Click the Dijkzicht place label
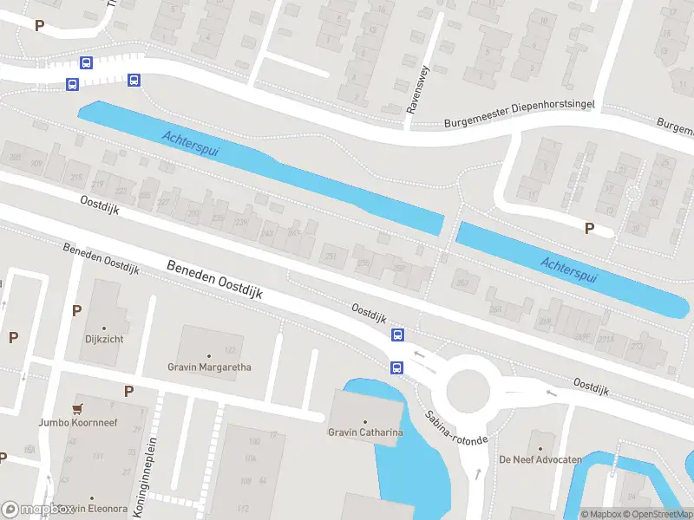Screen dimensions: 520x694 point(104,339)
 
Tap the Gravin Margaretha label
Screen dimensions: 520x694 point(209,367)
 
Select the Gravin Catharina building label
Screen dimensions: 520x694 point(364,432)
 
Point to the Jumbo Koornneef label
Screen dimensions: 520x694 point(78,422)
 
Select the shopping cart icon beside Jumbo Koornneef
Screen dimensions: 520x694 point(78,408)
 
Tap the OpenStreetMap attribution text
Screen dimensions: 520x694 point(658,514)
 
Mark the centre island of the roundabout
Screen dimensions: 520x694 point(473,389)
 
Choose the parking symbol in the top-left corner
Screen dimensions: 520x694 point(39,25)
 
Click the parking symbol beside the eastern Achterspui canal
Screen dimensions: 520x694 point(590,229)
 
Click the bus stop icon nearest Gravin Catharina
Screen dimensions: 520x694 point(396,367)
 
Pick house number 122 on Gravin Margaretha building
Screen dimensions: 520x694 point(230,350)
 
